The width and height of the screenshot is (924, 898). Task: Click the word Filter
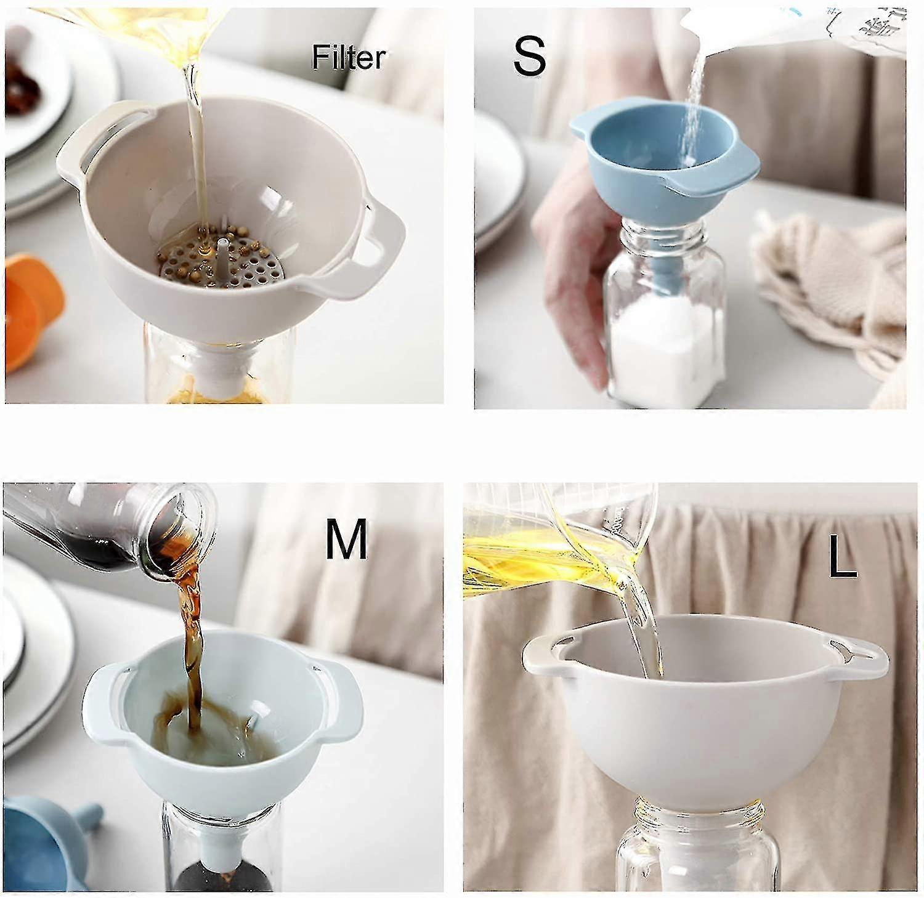pos(349,58)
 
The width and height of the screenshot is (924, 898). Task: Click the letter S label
pos(529,56)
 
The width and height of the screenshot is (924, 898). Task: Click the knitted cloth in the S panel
pos(832,277)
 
